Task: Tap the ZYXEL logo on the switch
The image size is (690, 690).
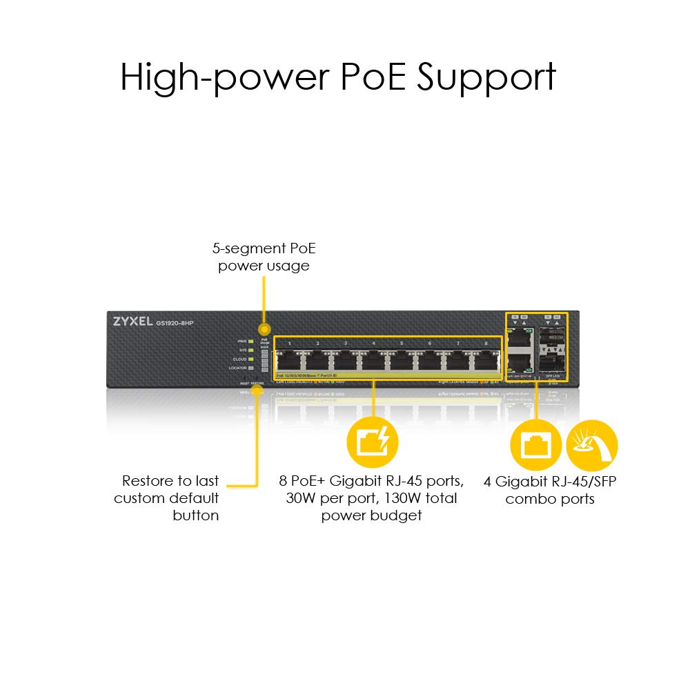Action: coord(132,322)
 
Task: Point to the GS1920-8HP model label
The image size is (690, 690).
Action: coord(174,323)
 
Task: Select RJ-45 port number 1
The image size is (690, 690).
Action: coord(290,359)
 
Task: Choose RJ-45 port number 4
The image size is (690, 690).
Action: coord(373,359)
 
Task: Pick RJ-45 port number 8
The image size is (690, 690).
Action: coord(485,359)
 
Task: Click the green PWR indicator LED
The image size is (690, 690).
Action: coord(252,341)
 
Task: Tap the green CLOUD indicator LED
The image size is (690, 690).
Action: coord(252,359)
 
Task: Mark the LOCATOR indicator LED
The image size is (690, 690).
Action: coord(252,368)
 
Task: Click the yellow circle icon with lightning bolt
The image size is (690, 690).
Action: coord(373,442)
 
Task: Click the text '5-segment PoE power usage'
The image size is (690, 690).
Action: coord(264,257)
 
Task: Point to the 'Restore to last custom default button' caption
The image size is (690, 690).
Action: coord(168,497)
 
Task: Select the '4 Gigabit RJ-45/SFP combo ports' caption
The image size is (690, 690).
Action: coord(550,490)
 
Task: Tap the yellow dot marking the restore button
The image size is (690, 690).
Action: coord(258,392)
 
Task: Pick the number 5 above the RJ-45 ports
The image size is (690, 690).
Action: coord(402,343)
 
